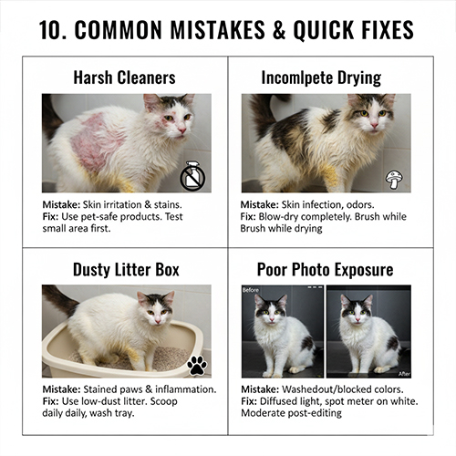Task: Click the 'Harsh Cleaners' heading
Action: tap(124, 78)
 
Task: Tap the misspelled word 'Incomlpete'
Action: tap(293, 78)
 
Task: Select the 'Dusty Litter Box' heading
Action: tap(126, 269)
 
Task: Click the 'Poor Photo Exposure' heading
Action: tap(325, 269)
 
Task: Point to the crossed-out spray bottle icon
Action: tap(192, 176)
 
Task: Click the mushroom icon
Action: tap(394, 180)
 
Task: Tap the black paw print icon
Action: tap(197, 365)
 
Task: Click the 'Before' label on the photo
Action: tap(251, 290)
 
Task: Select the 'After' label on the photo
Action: tap(404, 374)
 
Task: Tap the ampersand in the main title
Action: tap(279, 30)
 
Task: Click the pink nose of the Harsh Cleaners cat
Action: tap(182, 130)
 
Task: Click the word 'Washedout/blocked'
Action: tap(326, 389)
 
